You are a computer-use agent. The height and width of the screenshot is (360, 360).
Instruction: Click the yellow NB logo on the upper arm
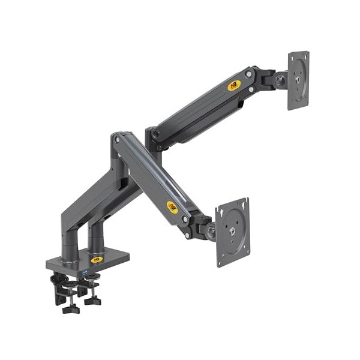[235, 85]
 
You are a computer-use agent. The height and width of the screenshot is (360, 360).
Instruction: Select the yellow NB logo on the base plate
[97, 259]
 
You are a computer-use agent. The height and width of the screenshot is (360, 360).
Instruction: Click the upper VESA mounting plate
[298, 80]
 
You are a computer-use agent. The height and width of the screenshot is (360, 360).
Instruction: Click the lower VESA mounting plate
[232, 231]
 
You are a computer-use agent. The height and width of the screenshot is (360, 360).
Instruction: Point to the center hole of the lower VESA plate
[233, 230]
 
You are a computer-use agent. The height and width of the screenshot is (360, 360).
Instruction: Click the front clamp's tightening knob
[70, 308]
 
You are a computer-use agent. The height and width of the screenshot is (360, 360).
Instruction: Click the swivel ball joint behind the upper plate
[279, 80]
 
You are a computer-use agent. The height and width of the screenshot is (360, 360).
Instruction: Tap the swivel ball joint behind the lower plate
[210, 230]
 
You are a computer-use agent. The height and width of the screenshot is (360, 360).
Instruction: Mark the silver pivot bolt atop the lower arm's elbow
[117, 140]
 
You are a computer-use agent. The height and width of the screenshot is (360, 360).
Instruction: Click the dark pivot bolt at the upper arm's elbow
[155, 135]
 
